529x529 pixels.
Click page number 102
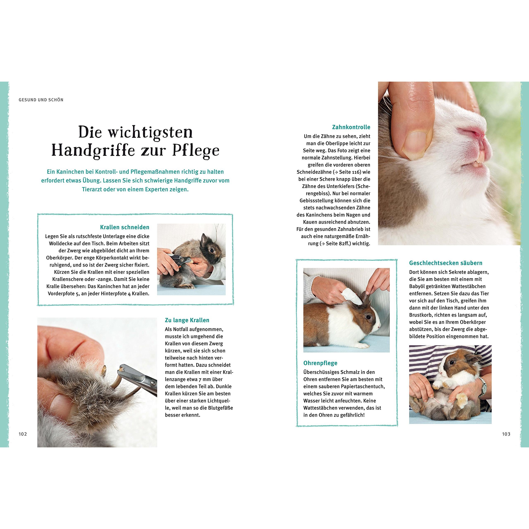[x=23, y=434]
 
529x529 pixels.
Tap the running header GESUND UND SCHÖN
[x=41, y=100]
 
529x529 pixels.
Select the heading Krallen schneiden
[x=125, y=227]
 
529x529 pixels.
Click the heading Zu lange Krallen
[x=187, y=320]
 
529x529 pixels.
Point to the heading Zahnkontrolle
[x=351, y=127]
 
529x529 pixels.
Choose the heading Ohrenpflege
[x=320, y=363]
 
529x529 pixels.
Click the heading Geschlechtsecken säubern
[x=446, y=263]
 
